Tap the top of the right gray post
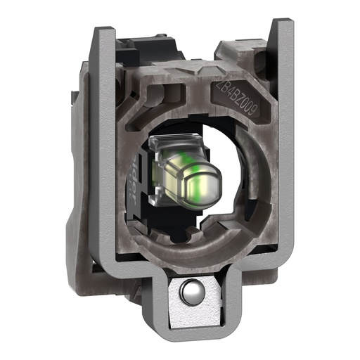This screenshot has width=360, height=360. (281, 24)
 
